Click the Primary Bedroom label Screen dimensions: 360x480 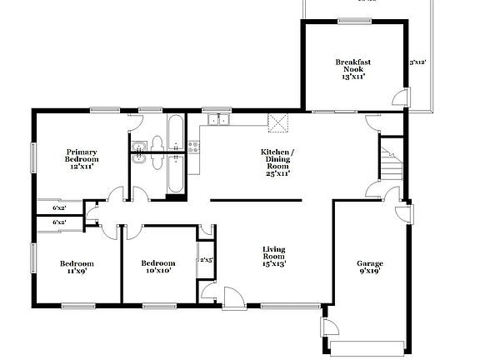tap(82, 158)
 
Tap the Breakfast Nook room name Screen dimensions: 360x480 tap(352, 69)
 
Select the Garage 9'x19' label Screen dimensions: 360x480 tap(370, 268)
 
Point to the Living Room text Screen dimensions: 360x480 tap(274, 256)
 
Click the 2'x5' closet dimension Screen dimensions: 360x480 tap(205, 261)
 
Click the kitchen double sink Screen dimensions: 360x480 tap(218, 121)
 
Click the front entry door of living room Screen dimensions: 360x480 tap(230, 297)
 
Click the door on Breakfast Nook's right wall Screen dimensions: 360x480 tap(404, 97)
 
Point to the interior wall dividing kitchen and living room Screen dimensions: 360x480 tap(255, 200)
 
